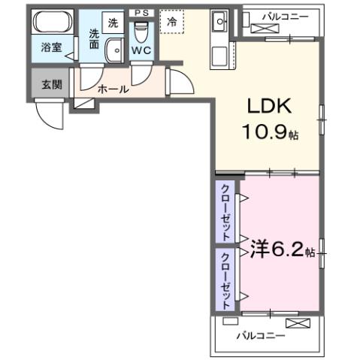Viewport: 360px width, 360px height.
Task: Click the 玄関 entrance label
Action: tap(50, 83)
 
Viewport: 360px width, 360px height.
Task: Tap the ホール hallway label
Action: tap(113, 89)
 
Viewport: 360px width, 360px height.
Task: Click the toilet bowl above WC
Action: tap(141, 32)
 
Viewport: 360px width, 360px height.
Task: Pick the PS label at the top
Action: tap(141, 13)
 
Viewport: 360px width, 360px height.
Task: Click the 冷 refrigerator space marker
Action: tap(173, 23)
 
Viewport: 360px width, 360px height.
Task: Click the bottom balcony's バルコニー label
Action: tap(261, 335)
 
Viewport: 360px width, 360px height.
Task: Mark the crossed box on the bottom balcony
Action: tap(297, 324)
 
